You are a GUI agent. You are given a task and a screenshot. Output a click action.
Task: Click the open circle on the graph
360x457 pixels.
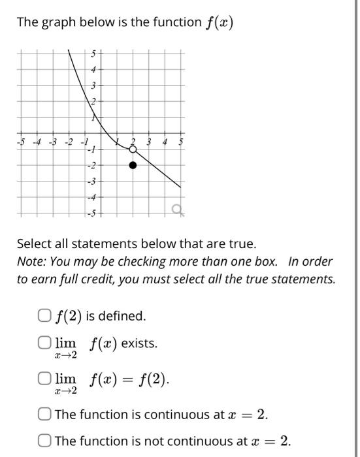click(133, 150)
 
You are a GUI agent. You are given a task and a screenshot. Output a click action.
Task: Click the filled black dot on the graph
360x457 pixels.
click(133, 165)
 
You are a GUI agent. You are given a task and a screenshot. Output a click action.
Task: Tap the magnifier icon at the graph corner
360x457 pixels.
click(176, 209)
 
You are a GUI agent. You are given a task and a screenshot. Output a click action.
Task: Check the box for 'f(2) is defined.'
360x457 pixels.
click(44, 316)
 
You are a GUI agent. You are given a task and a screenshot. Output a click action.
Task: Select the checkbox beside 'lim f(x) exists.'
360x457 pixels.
click(44, 343)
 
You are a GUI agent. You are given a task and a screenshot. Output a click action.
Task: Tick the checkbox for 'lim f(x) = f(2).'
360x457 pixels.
click(44, 379)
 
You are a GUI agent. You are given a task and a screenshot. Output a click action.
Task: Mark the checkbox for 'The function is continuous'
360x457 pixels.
click(44, 414)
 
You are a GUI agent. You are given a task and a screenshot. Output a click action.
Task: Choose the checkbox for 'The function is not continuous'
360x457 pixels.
click(44, 441)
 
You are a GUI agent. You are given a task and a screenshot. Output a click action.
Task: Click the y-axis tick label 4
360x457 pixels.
click(93, 70)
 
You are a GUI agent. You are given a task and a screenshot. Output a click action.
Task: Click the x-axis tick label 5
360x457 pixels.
click(181, 142)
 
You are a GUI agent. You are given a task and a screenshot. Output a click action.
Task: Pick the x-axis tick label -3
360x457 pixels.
click(53, 142)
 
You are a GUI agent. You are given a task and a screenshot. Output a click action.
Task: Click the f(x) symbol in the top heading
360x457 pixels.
click(220, 23)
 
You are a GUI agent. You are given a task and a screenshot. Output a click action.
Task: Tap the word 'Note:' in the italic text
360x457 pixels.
click(31, 261)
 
